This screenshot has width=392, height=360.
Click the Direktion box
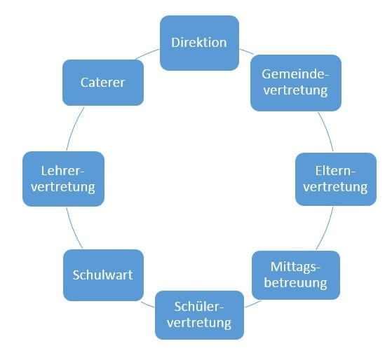click(199, 43)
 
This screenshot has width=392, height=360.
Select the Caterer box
click(103, 83)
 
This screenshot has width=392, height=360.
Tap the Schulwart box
click(103, 275)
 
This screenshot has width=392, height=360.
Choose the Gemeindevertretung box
click(296, 83)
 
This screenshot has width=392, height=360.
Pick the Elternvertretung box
click(336, 179)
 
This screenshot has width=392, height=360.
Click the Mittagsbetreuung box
click(296, 275)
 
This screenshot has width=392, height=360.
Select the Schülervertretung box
click(199, 315)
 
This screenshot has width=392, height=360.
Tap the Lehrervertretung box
click(63, 179)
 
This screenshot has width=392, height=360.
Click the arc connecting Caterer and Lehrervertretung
click(74, 128)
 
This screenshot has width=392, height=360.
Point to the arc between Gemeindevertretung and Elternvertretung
click(327, 131)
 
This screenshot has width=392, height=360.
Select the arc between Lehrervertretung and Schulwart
click(73, 229)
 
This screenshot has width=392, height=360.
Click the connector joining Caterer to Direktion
click(147, 53)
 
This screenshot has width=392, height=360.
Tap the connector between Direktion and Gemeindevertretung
click(247, 51)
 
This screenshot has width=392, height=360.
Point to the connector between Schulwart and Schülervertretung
click(147, 305)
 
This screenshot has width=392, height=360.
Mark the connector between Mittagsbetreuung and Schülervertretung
click(253, 304)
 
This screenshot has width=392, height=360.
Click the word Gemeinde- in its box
click(295, 74)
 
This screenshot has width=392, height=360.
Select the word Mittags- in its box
click(295, 267)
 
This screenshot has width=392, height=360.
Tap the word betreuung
click(295, 283)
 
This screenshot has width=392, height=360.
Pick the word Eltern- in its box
click(335, 171)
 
